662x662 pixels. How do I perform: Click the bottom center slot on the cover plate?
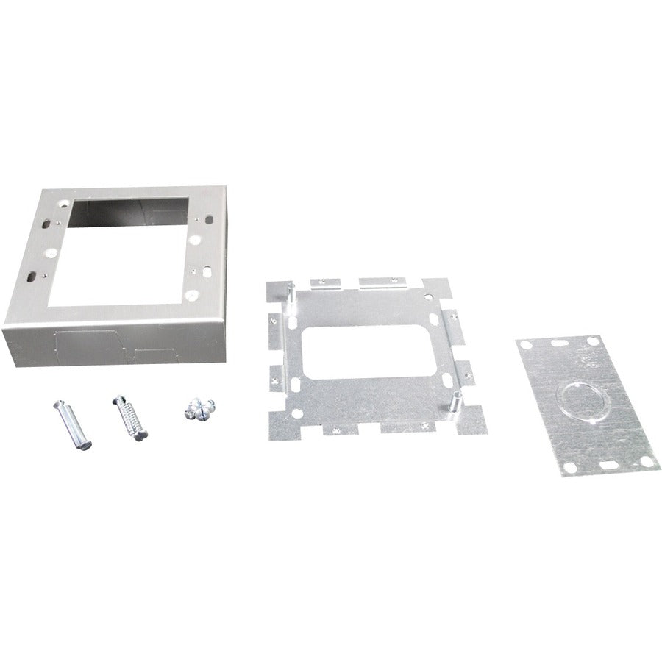click(x=610, y=468)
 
